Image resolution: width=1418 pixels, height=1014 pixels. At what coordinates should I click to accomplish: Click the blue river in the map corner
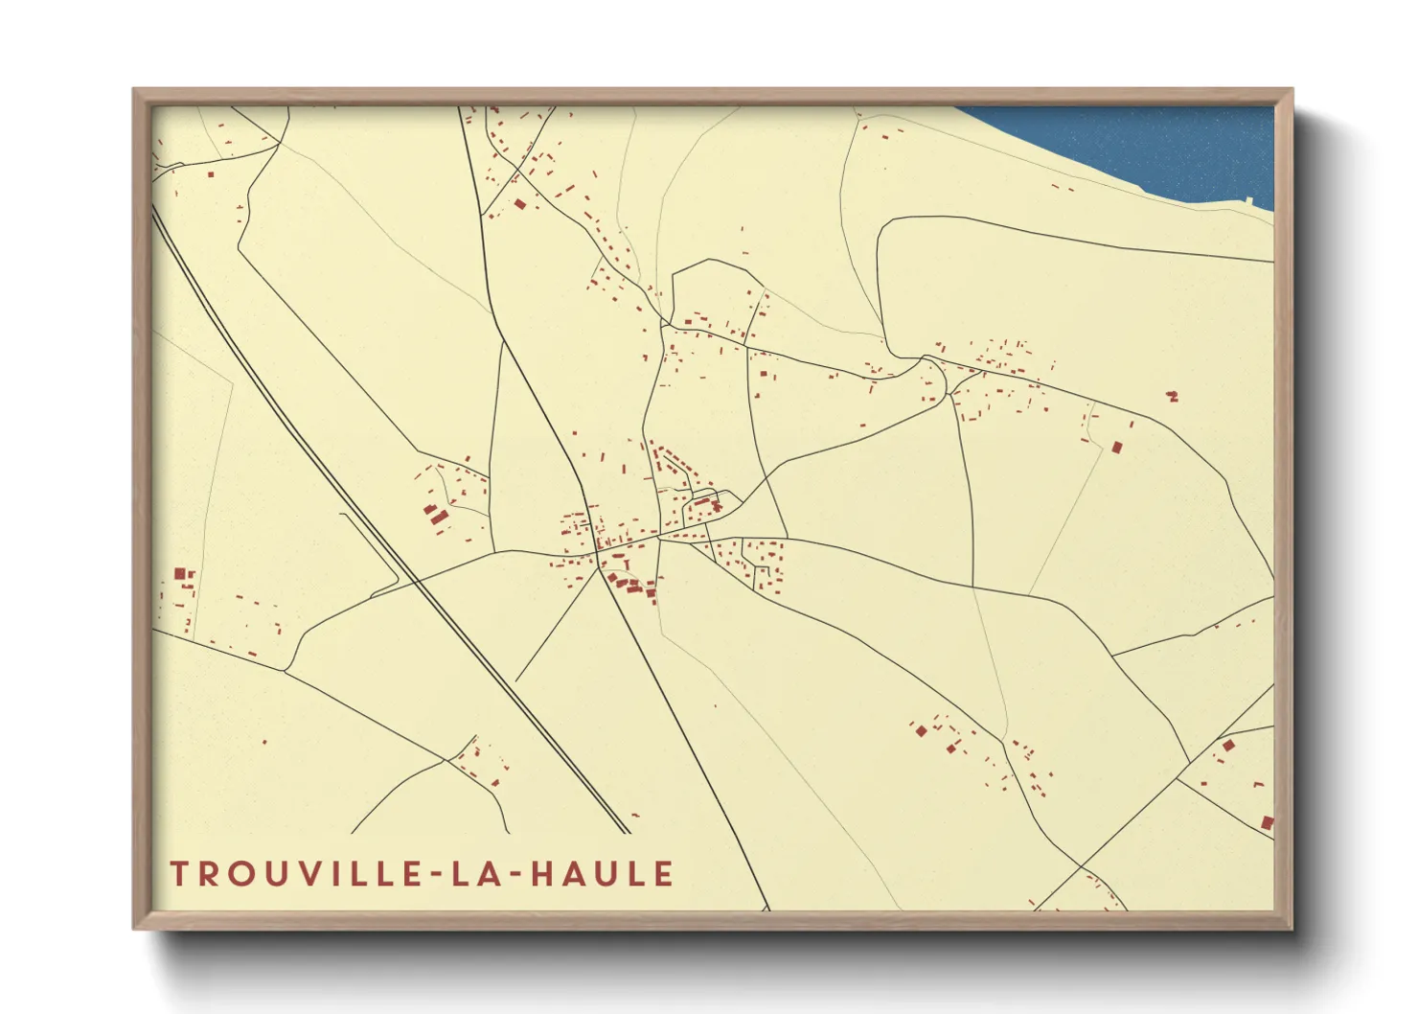[x=1150, y=144]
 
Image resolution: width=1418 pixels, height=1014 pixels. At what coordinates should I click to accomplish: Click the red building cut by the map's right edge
[x=1268, y=822]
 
